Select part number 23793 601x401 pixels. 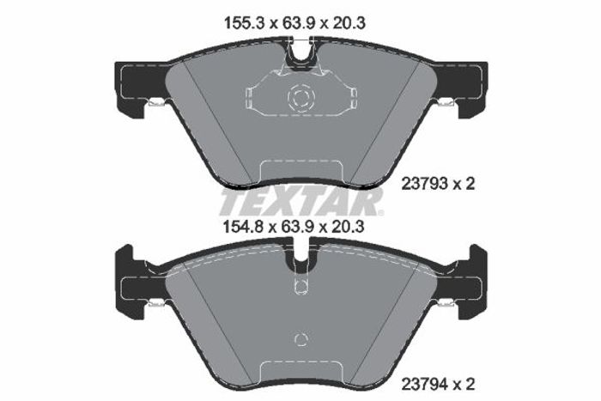(424, 184)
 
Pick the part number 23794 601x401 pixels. (424, 384)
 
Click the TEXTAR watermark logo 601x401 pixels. (301, 201)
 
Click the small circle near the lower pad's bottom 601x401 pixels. (300, 339)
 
